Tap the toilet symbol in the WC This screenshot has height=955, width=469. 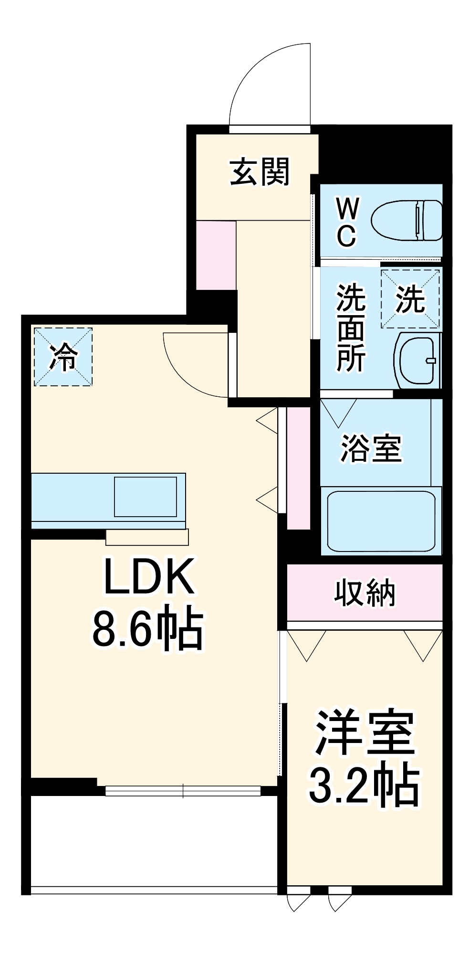[406, 220]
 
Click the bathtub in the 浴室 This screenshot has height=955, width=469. [381, 521]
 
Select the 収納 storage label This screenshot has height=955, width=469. [364, 593]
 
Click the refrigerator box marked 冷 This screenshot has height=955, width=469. [63, 356]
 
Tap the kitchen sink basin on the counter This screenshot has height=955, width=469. [145, 497]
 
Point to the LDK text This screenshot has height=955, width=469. [149, 576]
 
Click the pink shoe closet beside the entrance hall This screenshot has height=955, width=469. [216, 255]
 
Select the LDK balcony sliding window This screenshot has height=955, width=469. [183, 791]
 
